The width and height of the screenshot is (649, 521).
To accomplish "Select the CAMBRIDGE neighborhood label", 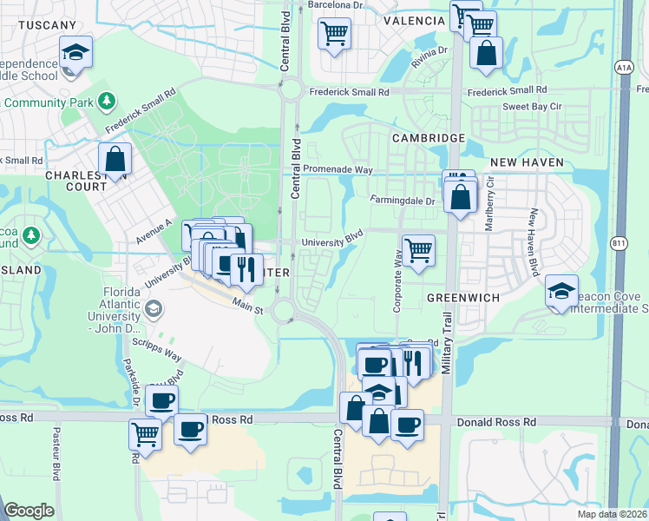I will point(428,138).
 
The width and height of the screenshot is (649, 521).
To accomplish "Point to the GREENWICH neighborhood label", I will point(464,297).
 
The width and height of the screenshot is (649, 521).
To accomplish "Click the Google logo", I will point(29,511).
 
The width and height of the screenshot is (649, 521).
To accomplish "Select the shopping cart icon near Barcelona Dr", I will point(335,35).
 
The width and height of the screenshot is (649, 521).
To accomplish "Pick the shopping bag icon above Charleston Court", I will point(115,160).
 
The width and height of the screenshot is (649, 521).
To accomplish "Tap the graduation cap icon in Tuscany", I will point(75,54).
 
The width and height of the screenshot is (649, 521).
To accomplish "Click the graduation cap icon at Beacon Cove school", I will point(561,292).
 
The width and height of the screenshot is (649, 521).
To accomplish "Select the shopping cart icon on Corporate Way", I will point(418,251).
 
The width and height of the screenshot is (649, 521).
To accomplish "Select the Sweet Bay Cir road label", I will point(533,107).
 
